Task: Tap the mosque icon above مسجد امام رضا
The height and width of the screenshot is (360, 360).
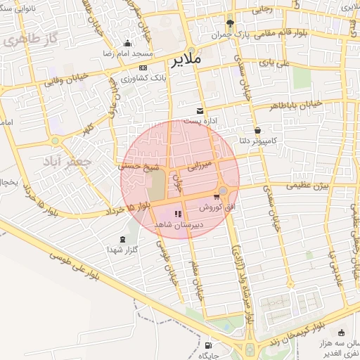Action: point(127,43)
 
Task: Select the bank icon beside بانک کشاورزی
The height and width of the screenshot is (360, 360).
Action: point(143,67)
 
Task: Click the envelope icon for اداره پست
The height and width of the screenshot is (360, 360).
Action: point(200,110)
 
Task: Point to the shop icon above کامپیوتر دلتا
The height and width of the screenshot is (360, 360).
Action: point(258,130)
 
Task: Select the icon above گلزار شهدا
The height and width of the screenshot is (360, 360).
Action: point(124,239)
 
